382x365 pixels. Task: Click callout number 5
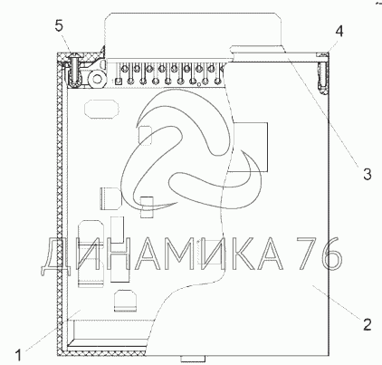coord(59,25)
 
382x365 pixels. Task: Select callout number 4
coord(339,31)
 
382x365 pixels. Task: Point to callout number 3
coord(367,174)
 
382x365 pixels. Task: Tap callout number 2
coord(367,325)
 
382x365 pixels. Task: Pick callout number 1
coord(18,355)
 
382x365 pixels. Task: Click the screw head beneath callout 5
coord(73,56)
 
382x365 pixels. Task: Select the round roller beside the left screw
coord(97,79)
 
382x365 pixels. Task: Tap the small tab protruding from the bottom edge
coord(193,359)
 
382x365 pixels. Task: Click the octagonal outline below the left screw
coord(101,109)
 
